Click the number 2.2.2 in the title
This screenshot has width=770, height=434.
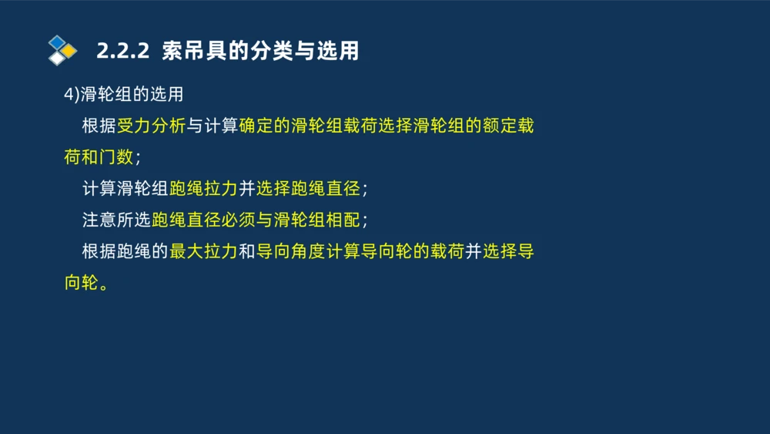[x=122, y=51]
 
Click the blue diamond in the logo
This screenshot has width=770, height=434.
[x=56, y=42]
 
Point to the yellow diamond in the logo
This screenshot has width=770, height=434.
[x=69, y=51]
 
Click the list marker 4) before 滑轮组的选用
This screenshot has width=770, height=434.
[x=72, y=95]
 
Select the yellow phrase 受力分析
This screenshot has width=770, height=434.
[x=152, y=126]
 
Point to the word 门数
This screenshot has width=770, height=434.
[x=117, y=158]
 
